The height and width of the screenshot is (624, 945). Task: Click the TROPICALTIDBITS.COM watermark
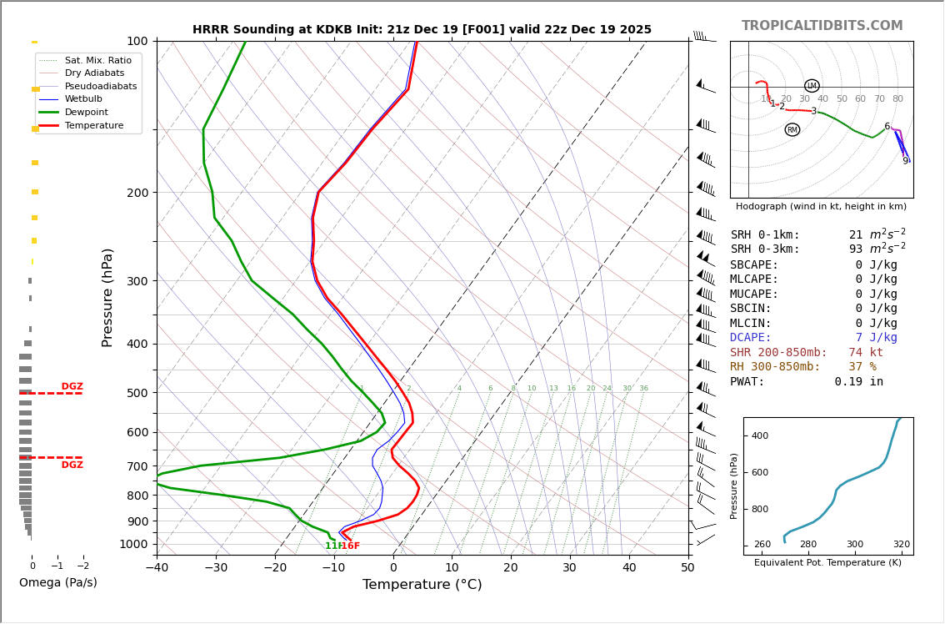click(x=822, y=26)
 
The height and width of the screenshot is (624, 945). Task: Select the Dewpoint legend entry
click(x=87, y=112)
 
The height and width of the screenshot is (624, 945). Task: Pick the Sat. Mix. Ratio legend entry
click(x=97, y=60)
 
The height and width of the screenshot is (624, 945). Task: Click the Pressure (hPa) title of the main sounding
click(x=107, y=297)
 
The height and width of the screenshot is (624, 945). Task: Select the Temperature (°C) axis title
click(x=422, y=585)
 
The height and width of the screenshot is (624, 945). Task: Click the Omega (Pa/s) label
click(x=57, y=582)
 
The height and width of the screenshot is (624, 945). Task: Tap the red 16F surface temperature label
click(x=351, y=546)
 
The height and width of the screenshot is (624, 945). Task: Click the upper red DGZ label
click(x=72, y=386)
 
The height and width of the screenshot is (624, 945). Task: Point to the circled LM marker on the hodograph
click(x=812, y=86)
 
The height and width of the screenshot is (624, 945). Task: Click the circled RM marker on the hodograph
click(x=792, y=129)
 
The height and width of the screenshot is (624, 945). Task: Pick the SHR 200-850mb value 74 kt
click(x=866, y=353)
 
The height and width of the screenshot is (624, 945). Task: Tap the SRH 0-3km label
click(x=764, y=249)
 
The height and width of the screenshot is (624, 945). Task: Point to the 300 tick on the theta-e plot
click(x=855, y=545)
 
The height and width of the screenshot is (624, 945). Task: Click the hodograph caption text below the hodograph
click(x=821, y=207)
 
